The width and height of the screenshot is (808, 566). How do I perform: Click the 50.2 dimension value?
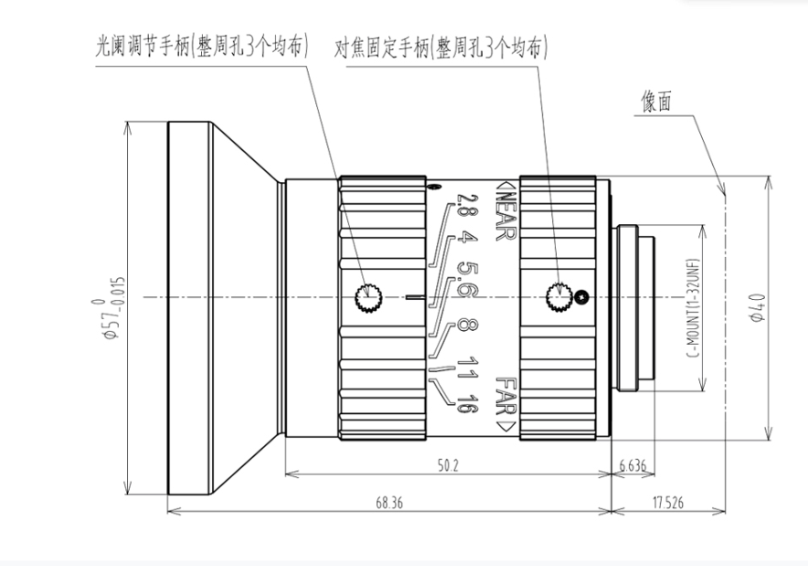point(447,465)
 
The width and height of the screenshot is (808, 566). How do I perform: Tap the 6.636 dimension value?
point(632,465)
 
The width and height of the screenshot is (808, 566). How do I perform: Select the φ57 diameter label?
point(110,307)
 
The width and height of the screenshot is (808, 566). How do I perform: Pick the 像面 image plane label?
point(655,102)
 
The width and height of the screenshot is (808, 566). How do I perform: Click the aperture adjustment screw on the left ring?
point(369,296)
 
